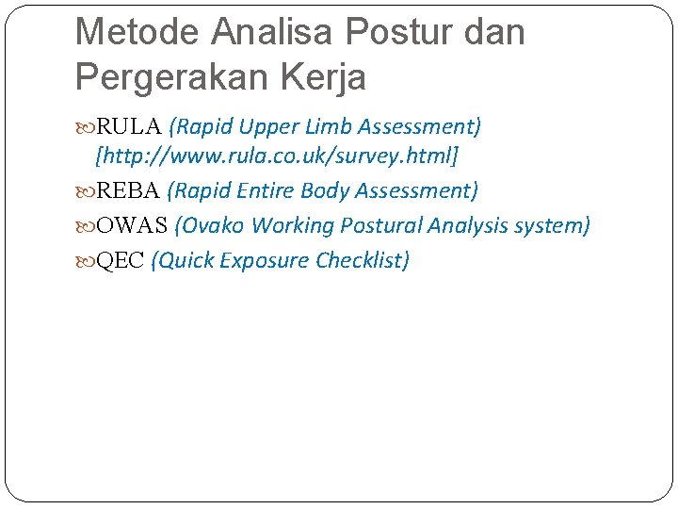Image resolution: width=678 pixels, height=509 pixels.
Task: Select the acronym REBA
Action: pos(129,191)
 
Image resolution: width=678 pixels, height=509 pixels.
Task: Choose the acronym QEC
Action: pos(121,261)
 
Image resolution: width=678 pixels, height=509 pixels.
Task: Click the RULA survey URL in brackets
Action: pos(277,154)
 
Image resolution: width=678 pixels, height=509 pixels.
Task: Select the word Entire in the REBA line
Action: pos(266,191)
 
